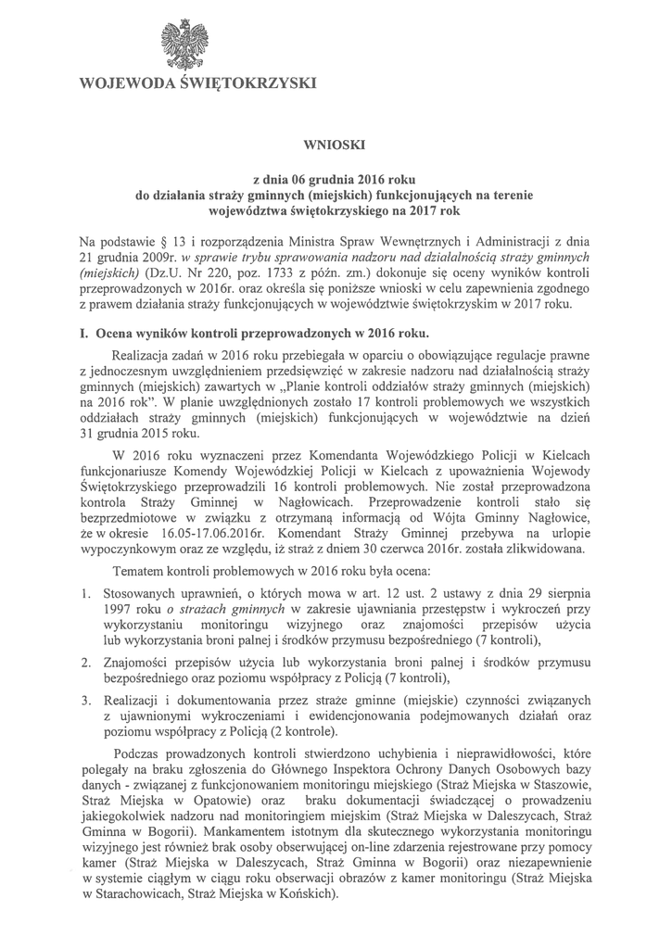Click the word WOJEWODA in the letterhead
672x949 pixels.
tap(127, 85)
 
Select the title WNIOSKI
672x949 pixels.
tap(335, 146)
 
